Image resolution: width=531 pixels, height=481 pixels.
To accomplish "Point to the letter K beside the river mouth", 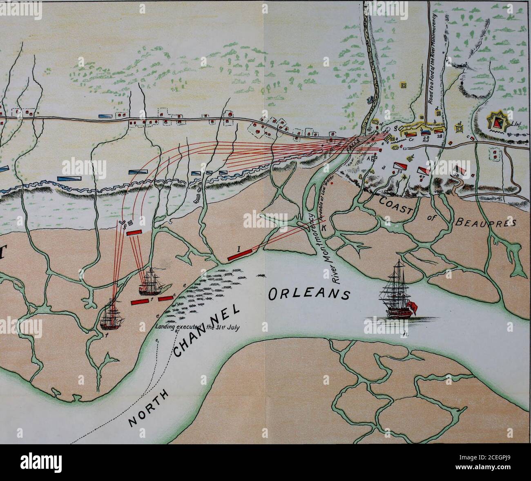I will pos(324,229).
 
